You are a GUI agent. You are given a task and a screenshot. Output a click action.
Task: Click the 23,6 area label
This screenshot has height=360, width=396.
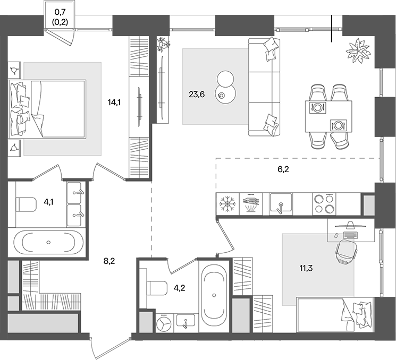click(197, 95)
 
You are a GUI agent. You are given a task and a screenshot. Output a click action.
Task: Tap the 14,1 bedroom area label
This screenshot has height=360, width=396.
click(114, 102)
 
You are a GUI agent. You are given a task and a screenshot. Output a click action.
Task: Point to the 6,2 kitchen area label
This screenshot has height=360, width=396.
click(283, 169)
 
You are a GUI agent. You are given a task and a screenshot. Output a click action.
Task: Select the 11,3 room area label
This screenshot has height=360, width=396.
click(306, 268)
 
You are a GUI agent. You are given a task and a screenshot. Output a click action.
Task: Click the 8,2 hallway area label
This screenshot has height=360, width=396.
click(109, 261)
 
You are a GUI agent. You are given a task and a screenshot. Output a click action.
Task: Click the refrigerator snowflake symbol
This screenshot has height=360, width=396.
click(228, 204)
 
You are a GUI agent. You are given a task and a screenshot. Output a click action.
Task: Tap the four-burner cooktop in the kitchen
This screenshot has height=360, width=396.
click(324, 204)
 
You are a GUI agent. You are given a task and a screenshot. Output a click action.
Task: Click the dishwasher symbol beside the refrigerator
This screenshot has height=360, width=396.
click(251, 204)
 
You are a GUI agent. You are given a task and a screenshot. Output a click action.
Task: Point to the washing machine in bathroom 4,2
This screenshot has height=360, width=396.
click(164, 323)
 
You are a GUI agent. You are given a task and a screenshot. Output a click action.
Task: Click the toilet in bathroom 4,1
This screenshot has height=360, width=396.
click(26, 204)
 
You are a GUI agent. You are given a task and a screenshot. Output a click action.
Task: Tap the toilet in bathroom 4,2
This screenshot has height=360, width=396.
click(157, 288)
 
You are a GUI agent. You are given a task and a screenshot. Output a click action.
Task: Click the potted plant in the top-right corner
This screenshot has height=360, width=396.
click(359, 51)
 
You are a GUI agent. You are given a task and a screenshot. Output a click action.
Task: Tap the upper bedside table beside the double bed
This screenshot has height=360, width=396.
click(14, 71)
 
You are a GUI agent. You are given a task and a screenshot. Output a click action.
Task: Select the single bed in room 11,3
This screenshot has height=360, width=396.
click(335, 315)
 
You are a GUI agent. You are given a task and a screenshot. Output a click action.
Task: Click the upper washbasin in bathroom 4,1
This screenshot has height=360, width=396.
click(74, 193)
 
